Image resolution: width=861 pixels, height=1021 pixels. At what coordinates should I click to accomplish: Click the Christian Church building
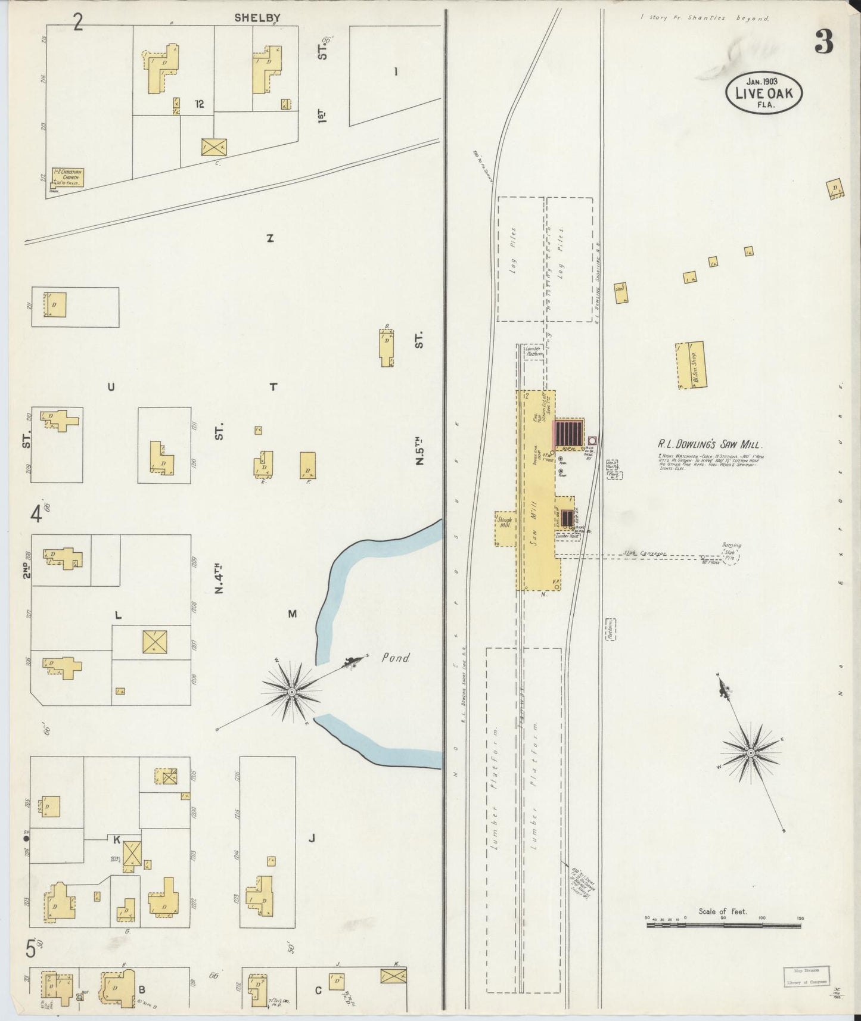67,176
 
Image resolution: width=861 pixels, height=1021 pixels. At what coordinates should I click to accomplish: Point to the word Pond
396,658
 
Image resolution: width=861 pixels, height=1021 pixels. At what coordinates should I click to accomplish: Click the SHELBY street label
257,18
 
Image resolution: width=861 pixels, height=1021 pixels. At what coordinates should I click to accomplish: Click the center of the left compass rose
292,692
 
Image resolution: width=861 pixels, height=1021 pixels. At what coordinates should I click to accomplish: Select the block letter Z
269,239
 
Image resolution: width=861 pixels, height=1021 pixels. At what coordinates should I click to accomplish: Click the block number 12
198,104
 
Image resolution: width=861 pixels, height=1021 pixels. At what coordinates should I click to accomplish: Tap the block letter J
311,839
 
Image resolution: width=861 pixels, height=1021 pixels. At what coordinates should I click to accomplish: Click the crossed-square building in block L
154,642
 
